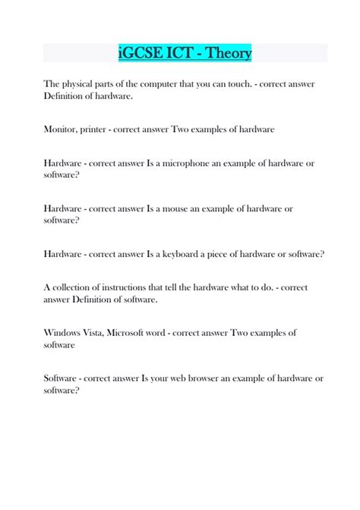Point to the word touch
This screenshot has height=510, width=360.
click(232, 83)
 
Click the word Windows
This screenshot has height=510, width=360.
click(64, 332)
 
